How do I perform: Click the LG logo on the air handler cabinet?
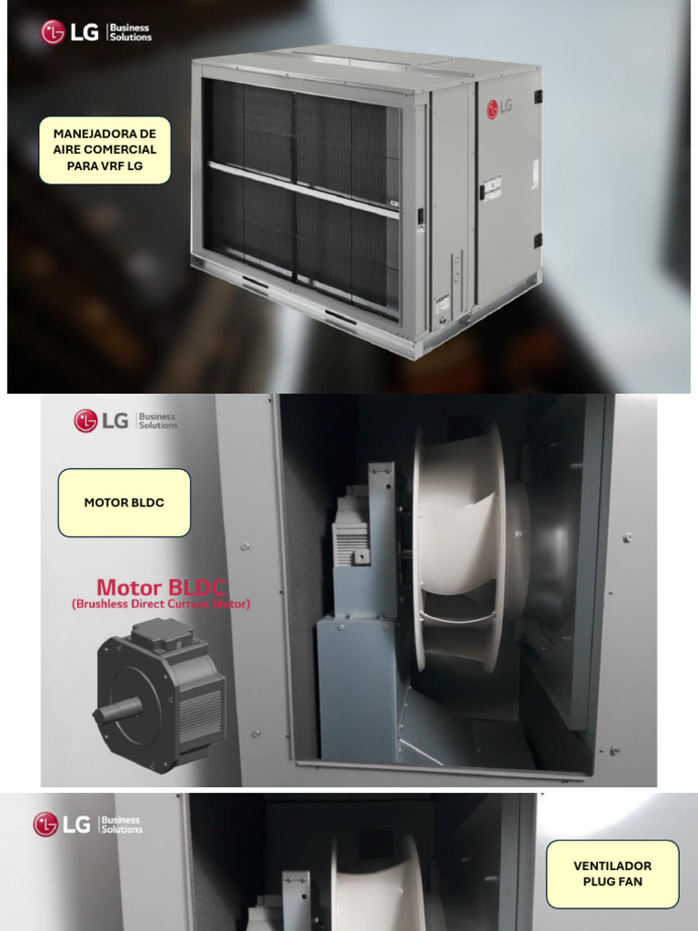point(499,106)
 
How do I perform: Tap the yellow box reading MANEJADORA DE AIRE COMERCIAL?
point(105,150)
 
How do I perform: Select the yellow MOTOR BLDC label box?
point(125,503)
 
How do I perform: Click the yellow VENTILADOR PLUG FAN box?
point(613,874)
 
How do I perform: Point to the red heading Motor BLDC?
point(162,586)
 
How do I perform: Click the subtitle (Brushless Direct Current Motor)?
point(161,604)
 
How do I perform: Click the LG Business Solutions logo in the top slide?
point(96,33)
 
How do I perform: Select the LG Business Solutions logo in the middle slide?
point(125,421)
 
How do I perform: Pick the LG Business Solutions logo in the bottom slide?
point(88,824)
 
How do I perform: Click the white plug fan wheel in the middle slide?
point(459,546)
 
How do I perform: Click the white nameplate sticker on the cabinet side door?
point(491,186)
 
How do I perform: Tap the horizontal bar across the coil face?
point(303,190)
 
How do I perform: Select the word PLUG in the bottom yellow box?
point(596,882)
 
